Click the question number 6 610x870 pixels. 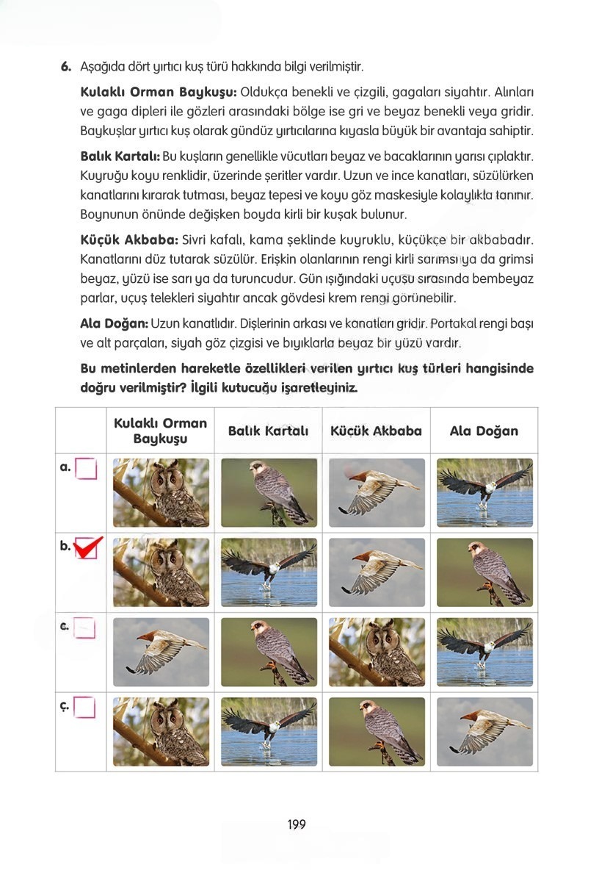(x=65, y=67)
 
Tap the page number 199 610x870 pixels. (x=297, y=824)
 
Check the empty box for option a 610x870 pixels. (x=86, y=468)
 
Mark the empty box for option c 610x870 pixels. (x=86, y=628)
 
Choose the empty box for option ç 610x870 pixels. (x=86, y=708)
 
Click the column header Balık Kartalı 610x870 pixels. (x=268, y=431)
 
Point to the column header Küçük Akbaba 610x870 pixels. (x=376, y=431)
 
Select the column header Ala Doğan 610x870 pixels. (x=484, y=431)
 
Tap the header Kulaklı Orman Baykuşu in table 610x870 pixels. (x=160, y=431)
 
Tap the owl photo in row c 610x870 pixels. (x=377, y=652)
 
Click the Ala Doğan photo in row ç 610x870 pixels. (x=484, y=731)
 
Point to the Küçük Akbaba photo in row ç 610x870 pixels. (x=377, y=731)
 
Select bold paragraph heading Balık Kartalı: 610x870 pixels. (x=120, y=157)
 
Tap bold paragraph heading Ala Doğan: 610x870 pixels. (x=115, y=324)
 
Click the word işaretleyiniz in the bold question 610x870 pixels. (x=320, y=387)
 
